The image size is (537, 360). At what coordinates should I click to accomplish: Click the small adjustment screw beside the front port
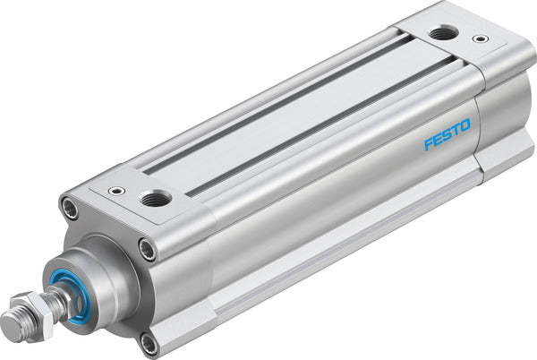coord(115,191)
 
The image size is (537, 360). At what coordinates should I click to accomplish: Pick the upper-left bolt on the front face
coord(69,209)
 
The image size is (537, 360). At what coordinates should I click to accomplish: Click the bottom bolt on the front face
coord(147,341)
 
